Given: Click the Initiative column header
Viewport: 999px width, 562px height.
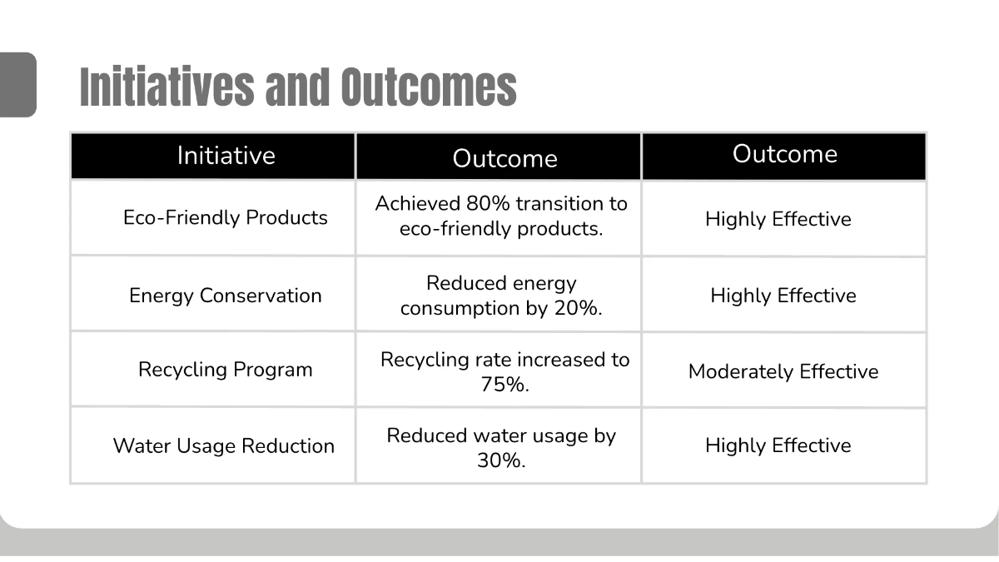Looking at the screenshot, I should click(226, 156).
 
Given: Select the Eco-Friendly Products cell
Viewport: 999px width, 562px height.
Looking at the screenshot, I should click(226, 218).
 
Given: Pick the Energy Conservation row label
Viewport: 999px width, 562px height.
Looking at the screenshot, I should click(226, 296).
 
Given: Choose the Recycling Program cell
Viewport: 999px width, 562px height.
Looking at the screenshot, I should click(226, 370).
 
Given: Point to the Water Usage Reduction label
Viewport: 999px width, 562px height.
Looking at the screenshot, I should click(224, 446).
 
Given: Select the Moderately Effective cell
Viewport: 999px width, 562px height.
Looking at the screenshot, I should click(783, 371).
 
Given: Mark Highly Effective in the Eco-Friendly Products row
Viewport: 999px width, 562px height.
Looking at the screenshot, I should click(778, 220).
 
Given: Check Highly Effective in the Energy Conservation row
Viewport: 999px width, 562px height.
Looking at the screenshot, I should click(783, 296).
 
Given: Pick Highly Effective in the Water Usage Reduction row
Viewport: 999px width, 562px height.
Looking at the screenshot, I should click(778, 446).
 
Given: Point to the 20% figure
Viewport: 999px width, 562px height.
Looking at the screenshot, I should click(578, 308).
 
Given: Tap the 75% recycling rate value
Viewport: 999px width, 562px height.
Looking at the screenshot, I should click(504, 385).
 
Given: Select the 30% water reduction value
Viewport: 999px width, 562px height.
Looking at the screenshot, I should click(500, 460).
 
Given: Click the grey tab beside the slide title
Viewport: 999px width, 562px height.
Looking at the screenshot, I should click(17, 84).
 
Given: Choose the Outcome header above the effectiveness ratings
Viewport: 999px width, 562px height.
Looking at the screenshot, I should click(784, 155).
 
